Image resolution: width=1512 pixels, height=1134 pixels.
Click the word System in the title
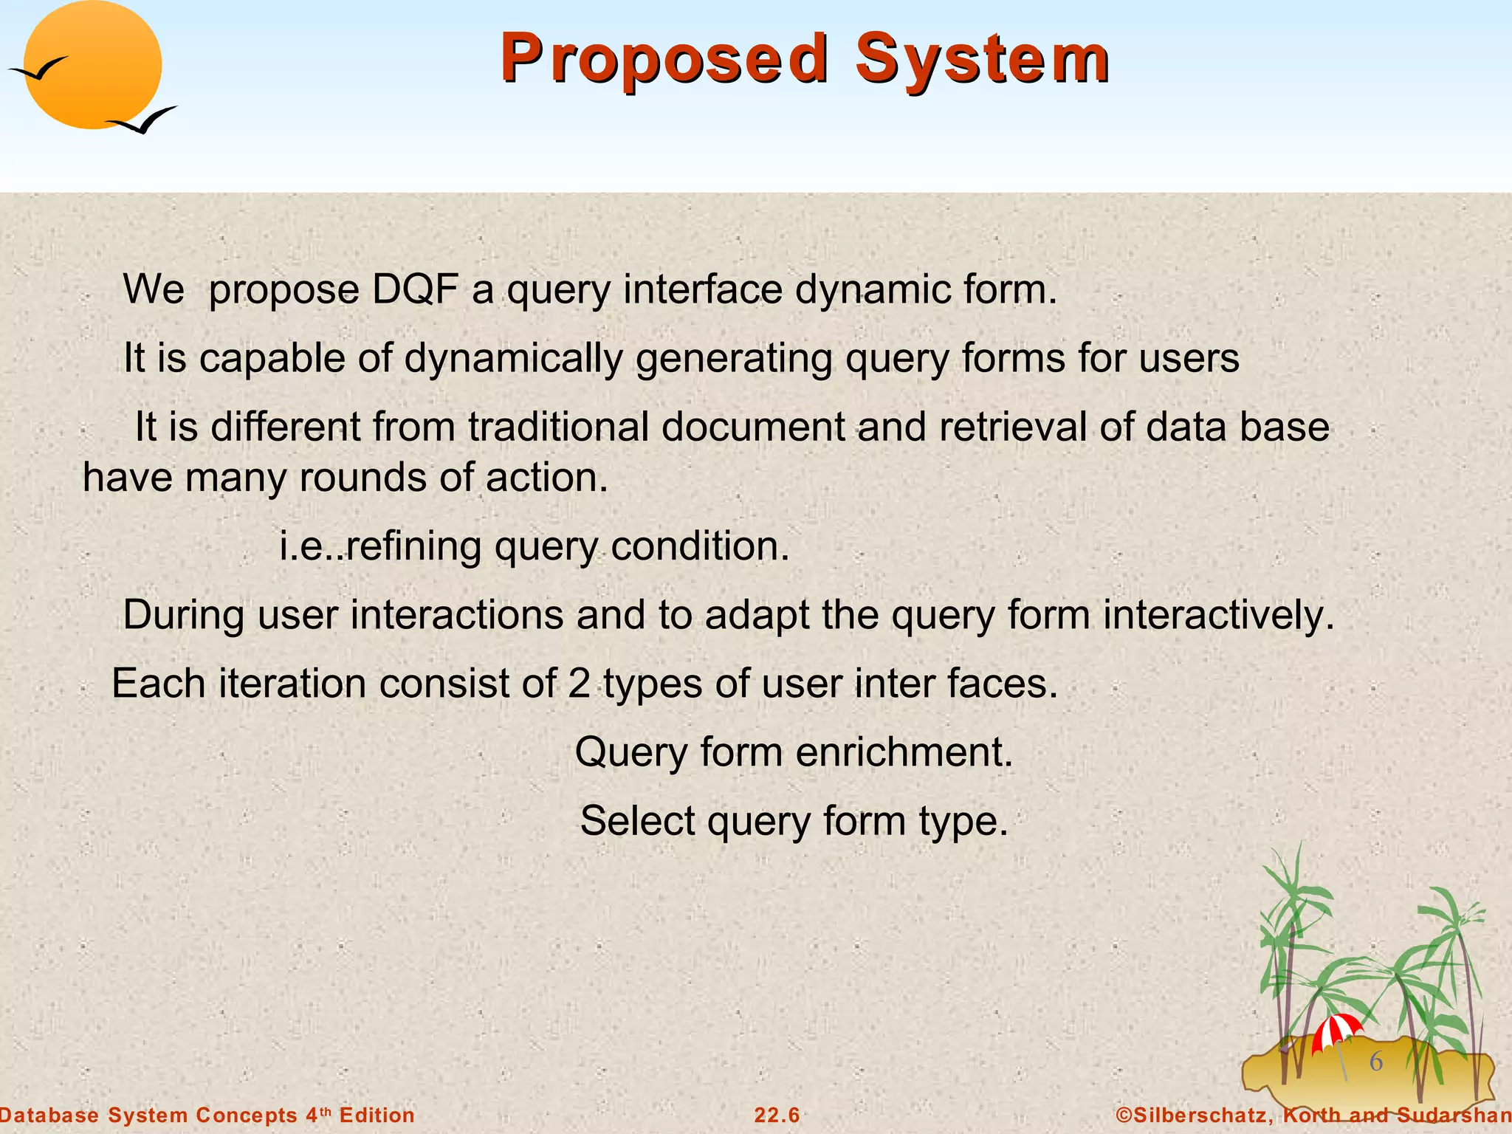(x=982, y=59)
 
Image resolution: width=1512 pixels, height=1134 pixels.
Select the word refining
(x=413, y=546)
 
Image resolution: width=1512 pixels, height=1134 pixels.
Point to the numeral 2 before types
(x=579, y=684)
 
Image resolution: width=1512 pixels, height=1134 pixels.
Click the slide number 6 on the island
(x=1376, y=1062)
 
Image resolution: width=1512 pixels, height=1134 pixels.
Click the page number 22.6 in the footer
(x=777, y=1116)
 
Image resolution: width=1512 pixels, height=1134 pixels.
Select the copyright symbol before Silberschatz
(x=1124, y=1116)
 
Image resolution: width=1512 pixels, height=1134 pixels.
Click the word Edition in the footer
(x=377, y=1116)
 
